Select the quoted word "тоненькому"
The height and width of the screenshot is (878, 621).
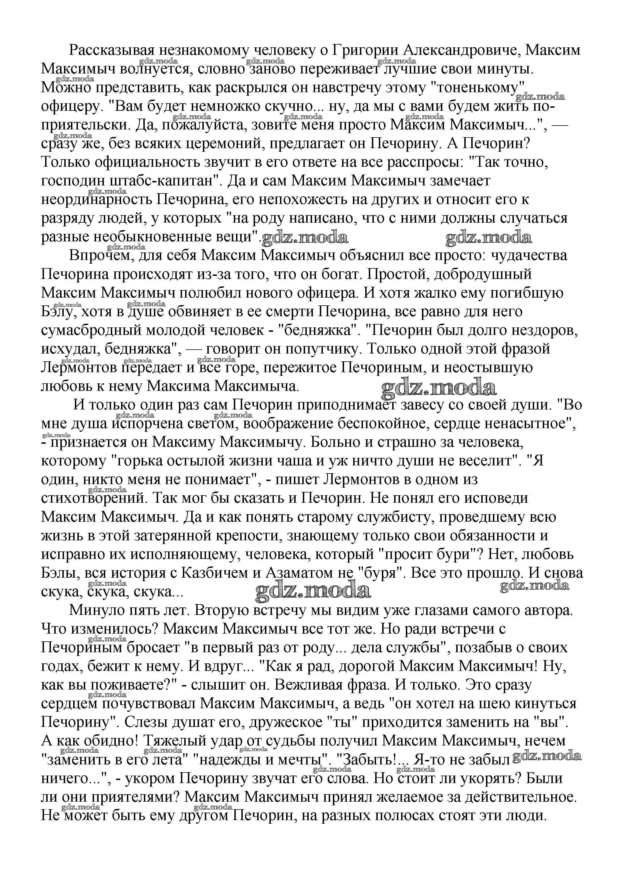coord(480,88)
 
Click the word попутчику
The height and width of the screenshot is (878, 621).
coord(321,349)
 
